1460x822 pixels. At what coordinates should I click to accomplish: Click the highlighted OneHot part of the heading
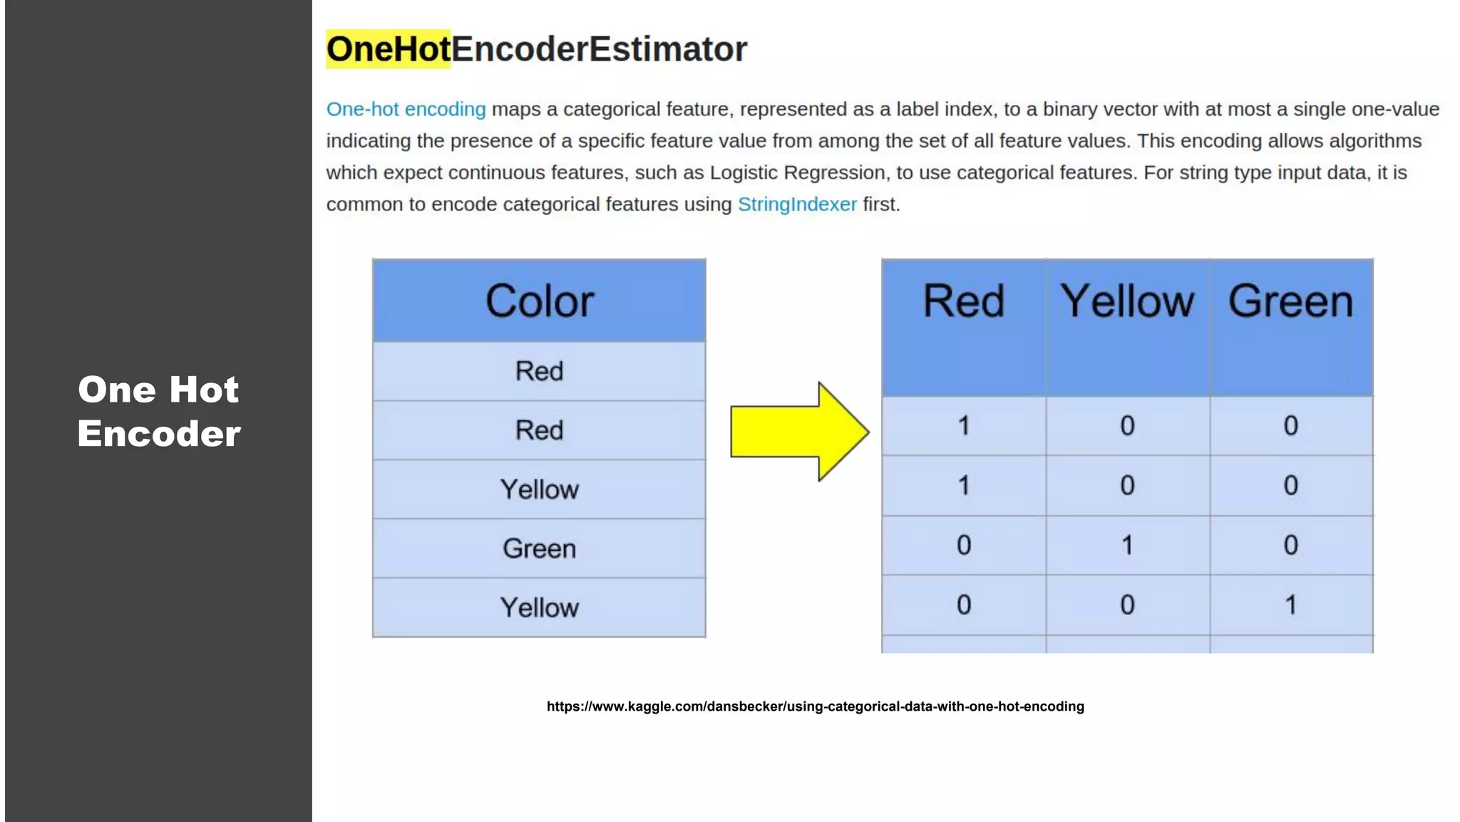pos(389,49)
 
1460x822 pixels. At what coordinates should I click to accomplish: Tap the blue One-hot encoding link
pos(406,109)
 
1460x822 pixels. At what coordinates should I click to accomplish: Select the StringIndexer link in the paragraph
pos(797,205)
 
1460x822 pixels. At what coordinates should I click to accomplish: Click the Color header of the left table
pos(539,301)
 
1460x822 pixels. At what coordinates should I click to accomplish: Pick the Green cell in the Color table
pos(539,549)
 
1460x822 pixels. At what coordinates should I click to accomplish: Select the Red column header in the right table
pos(963,301)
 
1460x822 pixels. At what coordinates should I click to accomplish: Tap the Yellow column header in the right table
pos(1127,301)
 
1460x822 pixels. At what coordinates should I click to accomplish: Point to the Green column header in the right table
pos(1290,301)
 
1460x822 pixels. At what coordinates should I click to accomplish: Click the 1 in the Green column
pos(1290,605)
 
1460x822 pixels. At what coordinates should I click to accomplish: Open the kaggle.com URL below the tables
pos(815,706)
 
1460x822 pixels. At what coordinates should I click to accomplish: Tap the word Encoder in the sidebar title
pos(159,434)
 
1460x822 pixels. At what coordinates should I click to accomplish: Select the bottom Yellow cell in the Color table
pos(539,608)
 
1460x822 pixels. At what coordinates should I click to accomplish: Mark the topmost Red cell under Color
pos(539,371)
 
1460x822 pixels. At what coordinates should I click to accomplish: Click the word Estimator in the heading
pos(668,49)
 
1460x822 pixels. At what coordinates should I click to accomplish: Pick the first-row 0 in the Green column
pos(1290,426)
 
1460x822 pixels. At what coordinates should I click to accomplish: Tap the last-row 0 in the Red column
pos(963,605)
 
